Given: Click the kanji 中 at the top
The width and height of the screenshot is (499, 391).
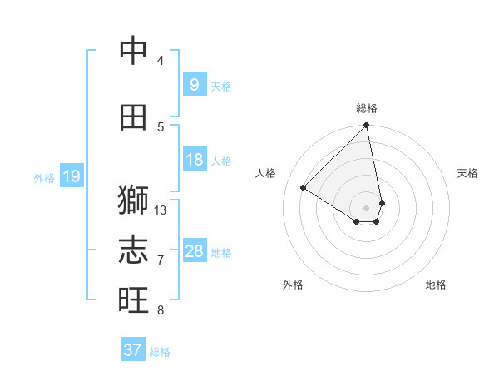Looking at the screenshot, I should [x=133, y=52].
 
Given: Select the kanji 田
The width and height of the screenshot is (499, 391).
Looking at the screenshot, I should [x=133, y=117].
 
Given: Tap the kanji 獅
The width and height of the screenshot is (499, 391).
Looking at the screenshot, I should [x=133, y=200].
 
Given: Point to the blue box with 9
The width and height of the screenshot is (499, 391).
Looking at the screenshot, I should [x=194, y=84].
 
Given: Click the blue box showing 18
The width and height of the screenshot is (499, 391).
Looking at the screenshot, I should [x=194, y=160].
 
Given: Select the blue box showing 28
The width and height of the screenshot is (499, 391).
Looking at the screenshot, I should [x=194, y=251].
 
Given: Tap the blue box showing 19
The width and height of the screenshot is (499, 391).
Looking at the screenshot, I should [x=71, y=176].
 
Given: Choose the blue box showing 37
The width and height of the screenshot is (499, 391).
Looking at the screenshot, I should [x=132, y=350].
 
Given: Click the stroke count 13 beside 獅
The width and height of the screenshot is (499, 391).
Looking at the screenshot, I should [x=161, y=210].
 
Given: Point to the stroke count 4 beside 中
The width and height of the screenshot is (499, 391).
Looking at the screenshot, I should [x=161, y=61].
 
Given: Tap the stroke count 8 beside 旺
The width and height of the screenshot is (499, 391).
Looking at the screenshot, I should [x=161, y=310].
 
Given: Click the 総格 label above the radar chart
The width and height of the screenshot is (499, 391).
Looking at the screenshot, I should [x=367, y=108].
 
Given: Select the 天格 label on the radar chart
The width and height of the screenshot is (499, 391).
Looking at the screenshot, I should [x=467, y=173].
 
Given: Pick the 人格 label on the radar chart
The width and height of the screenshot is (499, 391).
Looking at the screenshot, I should [x=266, y=173].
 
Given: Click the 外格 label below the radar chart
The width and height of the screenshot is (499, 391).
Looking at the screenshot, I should [x=293, y=285].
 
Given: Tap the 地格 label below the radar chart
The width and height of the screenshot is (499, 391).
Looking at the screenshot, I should [x=436, y=285].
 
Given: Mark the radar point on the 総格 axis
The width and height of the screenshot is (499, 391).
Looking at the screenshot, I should [x=367, y=126].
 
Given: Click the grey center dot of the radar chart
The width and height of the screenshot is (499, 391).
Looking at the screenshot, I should [x=367, y=207].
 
